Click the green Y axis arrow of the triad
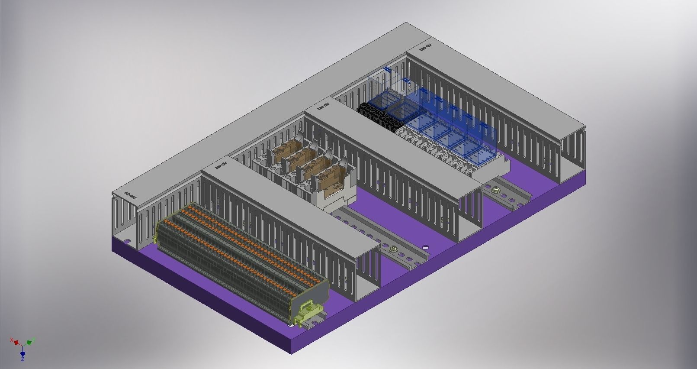pos(30,342)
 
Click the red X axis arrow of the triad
pos(16,342)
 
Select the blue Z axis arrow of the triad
pos(22,353)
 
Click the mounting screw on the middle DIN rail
pos(394,249)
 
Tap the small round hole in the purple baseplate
pos(425,248)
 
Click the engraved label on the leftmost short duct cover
pos(130,197)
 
